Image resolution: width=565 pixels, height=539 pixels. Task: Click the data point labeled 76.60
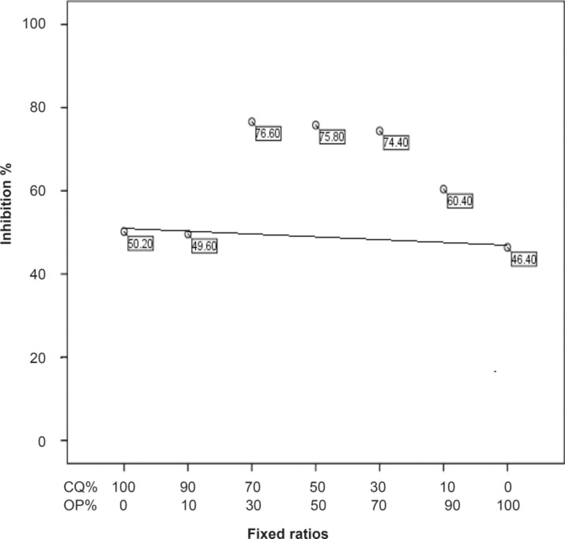[251, 121]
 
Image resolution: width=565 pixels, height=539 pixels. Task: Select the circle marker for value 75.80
[315, 125]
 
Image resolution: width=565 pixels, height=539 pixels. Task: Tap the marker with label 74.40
[379, 131]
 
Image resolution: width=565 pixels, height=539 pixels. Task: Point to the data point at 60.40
[444, 189]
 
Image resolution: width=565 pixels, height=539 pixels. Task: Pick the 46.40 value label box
[524, 260]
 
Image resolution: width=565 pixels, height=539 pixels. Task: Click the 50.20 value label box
[141, 244]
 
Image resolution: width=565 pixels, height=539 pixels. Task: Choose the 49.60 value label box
[205, 247]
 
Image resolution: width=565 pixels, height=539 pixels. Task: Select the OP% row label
[81, 505]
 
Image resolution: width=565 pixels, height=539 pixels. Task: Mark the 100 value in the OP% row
[507, 505]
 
